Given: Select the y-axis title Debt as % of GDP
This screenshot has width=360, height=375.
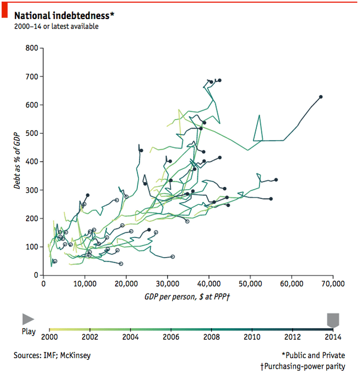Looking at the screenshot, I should pyautogui.click(x=17, y=160).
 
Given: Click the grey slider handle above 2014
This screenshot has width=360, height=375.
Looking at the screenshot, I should pyautogui.click(x=333, y=319).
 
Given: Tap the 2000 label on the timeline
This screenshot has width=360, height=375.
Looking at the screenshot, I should pyautogui.click(x=49, y=337).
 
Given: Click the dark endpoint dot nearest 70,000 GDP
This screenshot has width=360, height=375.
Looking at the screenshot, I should pyautogui.click(x=321, y=97).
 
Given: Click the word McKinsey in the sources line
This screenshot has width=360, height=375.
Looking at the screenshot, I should pyautogui.click(x=76, y=356).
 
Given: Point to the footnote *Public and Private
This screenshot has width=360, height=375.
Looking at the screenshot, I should pyautogui.click(x=313, y=356).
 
